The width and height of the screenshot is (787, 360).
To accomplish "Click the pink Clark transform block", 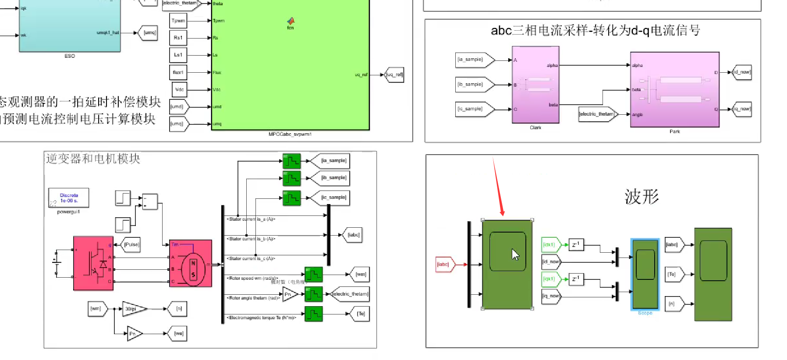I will click(x=535, y=85).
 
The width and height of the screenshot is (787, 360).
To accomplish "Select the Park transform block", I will click(x=675, y=89).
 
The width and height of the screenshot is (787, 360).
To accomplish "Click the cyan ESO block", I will click(x=69, y=26).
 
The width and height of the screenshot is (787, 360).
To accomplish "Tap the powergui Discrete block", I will click(x=68, y=198).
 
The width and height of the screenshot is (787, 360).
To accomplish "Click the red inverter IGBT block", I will click(x=93, y=263).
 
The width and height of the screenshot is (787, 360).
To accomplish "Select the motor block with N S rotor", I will click(x=191, y=263).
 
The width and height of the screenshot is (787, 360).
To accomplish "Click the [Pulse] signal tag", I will click(x=131, y=245).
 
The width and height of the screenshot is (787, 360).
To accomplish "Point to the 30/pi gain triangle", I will click(x=133, y=309).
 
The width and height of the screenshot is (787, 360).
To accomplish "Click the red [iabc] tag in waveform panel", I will click(x=443, y=265).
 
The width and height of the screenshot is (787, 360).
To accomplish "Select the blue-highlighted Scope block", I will click(x=645, y=274).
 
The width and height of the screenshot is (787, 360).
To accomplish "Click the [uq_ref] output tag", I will click(x=394, y=74).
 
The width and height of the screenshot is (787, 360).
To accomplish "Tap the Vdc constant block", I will click(x=179, y=89).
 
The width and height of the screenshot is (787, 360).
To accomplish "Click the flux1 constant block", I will click(x=178, y=72).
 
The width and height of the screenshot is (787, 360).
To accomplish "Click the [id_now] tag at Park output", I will click(x=742, y=72).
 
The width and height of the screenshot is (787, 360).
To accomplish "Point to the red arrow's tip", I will click(x=503, y=215).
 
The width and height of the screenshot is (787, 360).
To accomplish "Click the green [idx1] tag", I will click(x=549, y=245).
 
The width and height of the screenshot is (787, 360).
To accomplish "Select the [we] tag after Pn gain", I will click(x=179, y=334).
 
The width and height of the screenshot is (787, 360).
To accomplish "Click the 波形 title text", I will click(x=642, y=197).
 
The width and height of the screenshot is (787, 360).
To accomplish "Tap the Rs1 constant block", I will click(x=178, y=38).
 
